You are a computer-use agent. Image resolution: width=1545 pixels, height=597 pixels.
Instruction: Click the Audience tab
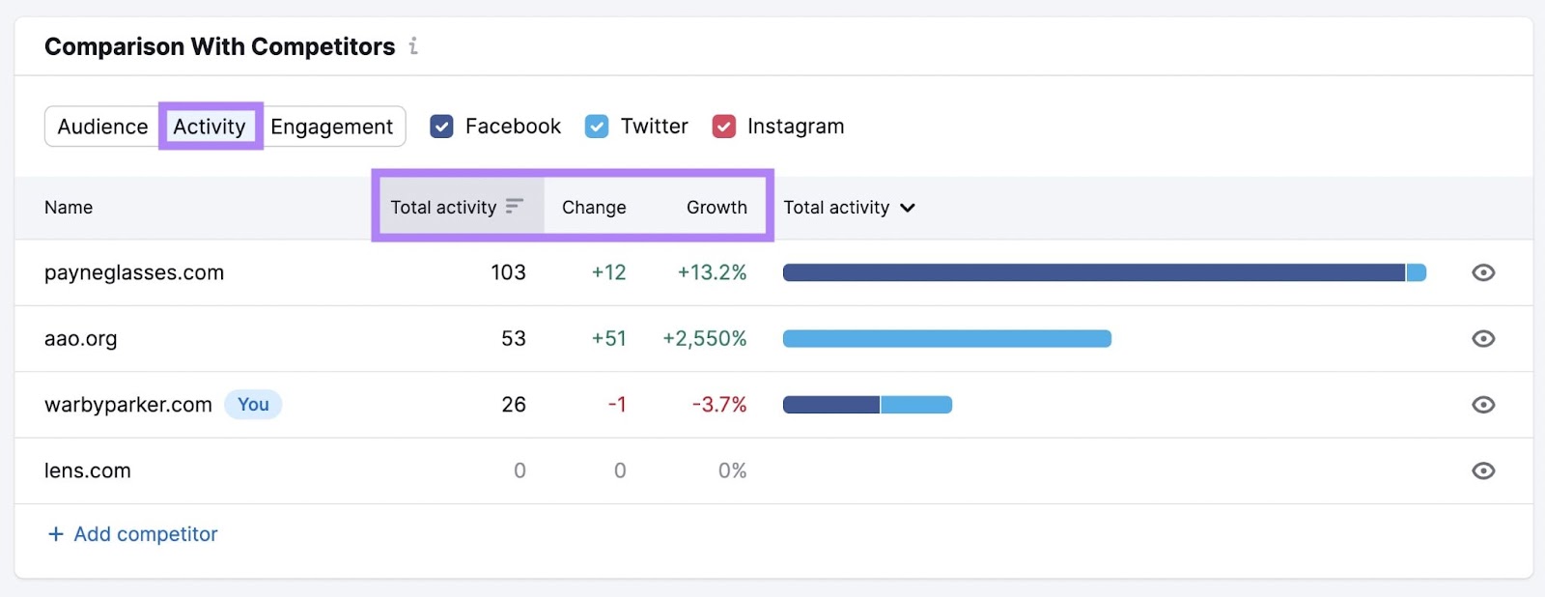(x=102, y=127)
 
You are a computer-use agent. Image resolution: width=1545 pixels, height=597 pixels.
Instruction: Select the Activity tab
(x=210, y=127)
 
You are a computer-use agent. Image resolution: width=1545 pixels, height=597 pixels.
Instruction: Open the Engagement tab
(x=331, y=127)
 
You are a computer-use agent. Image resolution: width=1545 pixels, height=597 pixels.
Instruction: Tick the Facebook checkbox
(x=441, y=127)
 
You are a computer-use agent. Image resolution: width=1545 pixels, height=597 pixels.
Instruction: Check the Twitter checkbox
(x=597, y=127)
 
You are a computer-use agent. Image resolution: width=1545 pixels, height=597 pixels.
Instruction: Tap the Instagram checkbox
(x=724, y=127)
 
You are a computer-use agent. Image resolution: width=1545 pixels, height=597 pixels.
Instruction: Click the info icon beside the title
(x=413, y=45)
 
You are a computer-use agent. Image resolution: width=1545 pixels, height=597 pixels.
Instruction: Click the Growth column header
(x=716, y=207)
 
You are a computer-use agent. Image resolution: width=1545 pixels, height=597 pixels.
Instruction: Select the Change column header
(x=594, y=207)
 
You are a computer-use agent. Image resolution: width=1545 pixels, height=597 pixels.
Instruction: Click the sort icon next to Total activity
(x=515, y=206)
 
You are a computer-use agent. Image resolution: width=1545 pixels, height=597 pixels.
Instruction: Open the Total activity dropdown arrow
(x=908, y=208)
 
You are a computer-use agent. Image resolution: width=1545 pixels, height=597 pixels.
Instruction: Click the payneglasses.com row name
(x=134, y=272)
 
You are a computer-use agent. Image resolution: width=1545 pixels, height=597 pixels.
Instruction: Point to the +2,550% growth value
(x=705, y=338)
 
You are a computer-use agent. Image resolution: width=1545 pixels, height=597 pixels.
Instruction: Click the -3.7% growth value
(x=719, y=405)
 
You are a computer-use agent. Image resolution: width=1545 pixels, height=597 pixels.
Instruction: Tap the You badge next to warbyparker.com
(x=253, y=405)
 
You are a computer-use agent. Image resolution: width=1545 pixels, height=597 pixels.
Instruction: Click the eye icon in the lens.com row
(x=1483, y=470)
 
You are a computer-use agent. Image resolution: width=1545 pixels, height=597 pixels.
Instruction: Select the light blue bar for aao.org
(x=946, y=338)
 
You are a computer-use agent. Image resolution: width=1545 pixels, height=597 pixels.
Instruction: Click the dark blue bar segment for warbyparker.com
(x=830, y=405)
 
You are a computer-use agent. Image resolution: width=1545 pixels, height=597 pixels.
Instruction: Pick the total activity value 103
(x=508, y=272)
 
